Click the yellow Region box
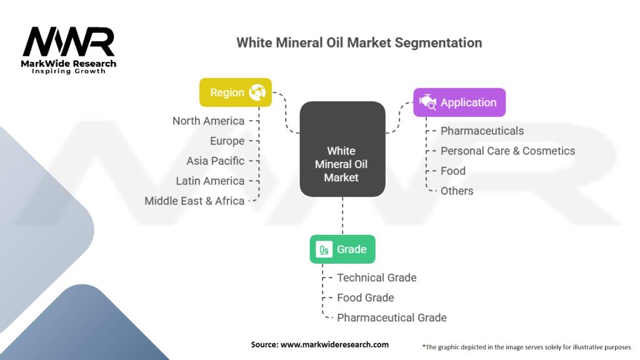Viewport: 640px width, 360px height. (236, 92)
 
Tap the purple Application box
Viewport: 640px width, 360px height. (459, 102)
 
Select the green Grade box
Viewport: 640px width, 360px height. (342, 249)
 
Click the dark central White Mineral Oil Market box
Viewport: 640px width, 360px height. (342, 149)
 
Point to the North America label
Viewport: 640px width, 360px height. (208, 121)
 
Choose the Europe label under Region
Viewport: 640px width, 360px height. (227, 141)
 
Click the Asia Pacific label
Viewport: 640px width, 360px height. (215, 161)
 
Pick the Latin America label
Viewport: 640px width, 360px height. (210, 181)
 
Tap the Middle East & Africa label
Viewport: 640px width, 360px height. (194, 201)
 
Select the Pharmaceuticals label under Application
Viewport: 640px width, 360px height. (482, 131)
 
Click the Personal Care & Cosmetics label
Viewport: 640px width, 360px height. (507, 151)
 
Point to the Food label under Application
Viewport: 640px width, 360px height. (453, 171)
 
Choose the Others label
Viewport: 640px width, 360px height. (457, 191)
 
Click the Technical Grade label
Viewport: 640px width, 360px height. (377, 277)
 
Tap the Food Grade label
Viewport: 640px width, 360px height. (365, 297)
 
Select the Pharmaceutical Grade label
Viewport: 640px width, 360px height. (392, 317)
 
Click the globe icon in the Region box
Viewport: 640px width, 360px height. (257, 92)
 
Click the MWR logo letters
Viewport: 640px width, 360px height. (69, 42)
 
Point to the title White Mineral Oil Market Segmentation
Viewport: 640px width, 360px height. (359, 42)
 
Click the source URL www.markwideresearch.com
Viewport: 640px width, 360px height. (334, 344)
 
